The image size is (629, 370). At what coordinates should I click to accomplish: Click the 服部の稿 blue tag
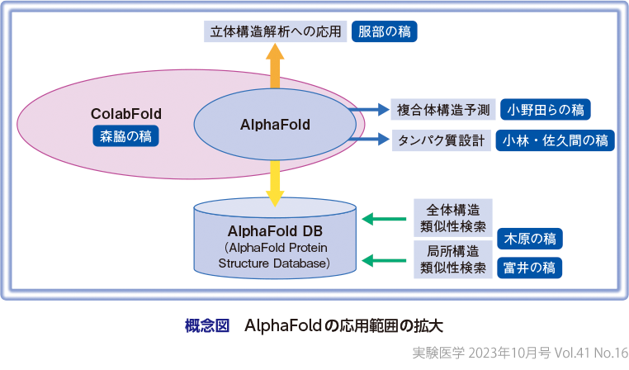coord(385,32)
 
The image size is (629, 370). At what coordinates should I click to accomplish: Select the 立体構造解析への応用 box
coord(276,32)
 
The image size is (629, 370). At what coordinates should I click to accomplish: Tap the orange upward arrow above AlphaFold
coord(276,67)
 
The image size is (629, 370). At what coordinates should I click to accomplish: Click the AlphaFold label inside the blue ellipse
coord(275,125)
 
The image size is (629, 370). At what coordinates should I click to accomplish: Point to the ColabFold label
coord(126,113)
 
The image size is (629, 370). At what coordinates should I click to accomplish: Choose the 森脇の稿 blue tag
coord(126,135)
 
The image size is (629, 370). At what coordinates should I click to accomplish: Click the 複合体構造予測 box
coord(442,110)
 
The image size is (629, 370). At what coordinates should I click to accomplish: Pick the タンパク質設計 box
coord(442,140)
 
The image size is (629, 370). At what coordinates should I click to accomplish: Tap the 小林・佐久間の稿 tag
coord(555,140)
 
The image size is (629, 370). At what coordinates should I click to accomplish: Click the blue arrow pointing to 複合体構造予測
coord(369,110)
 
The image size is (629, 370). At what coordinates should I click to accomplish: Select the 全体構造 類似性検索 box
coord(452,218)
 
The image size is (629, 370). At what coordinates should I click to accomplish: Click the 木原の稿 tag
coord(529,239)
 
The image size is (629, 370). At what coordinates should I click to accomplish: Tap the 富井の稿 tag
coord(529,268)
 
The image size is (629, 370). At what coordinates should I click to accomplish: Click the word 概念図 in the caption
coord(206,325)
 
